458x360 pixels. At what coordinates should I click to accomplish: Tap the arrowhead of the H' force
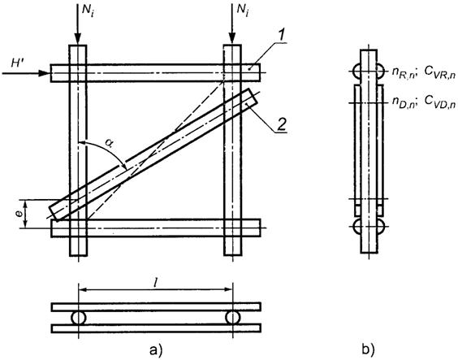coord(45,73)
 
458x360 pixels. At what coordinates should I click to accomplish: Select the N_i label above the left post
coord(88,11)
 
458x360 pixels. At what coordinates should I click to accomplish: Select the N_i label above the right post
coord(243,11)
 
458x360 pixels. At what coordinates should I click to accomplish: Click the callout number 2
coord(280,124)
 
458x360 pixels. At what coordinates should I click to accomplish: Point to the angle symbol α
coord(110,145)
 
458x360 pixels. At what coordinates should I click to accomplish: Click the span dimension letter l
coord(155,282)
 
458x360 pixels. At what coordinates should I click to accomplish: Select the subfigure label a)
coord(156,349)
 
